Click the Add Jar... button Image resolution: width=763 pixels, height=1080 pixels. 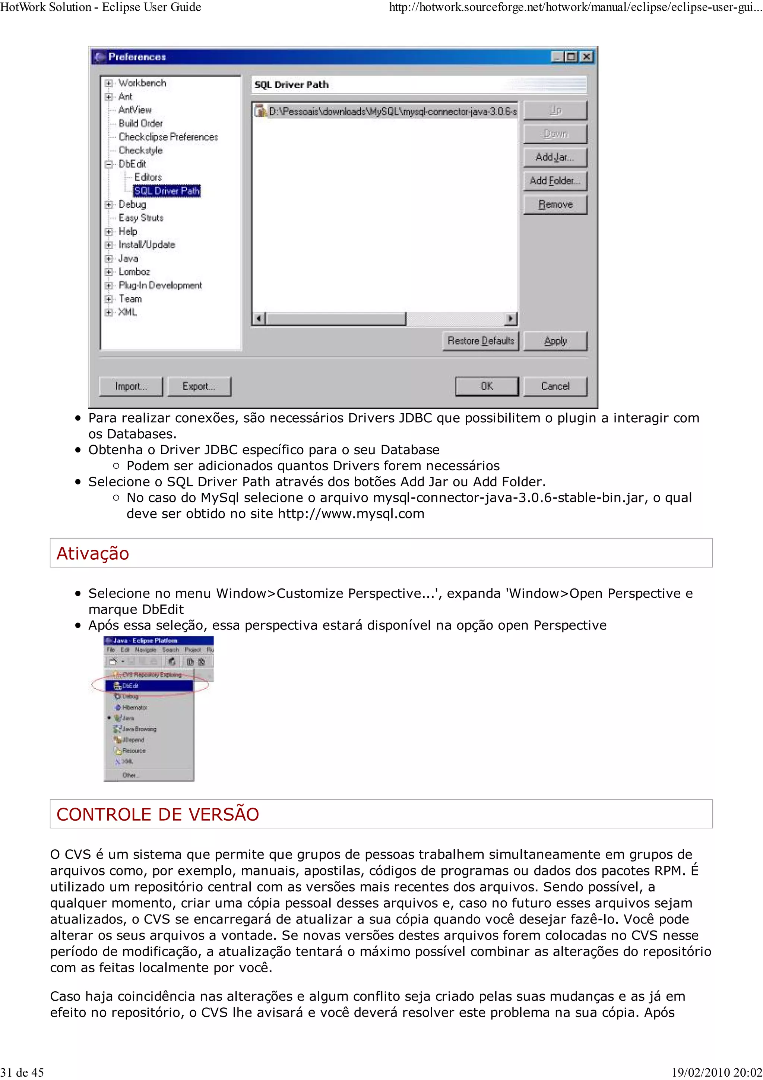[x=555, y=157]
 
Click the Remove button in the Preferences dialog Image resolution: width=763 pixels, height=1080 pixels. [x=555, y=205]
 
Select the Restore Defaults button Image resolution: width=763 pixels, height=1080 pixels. [x=481, y=341]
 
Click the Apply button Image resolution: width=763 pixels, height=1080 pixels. [x=555, y=341]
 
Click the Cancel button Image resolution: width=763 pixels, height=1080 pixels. [x=555, y=386]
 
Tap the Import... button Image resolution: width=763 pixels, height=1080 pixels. [x=131, y=386]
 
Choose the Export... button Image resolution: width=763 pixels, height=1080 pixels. [x=199, y=386]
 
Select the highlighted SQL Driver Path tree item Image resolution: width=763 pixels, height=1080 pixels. [x=167, y=190]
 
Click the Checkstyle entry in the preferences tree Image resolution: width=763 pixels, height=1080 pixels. [x=140, y=150]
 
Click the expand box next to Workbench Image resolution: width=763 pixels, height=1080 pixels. [x=108, y=83]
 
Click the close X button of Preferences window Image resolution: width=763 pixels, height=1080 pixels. [x=586, y=57]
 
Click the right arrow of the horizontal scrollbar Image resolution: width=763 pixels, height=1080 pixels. [x=510, y=319]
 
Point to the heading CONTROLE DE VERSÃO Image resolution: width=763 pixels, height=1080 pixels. [x=158, y=814]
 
